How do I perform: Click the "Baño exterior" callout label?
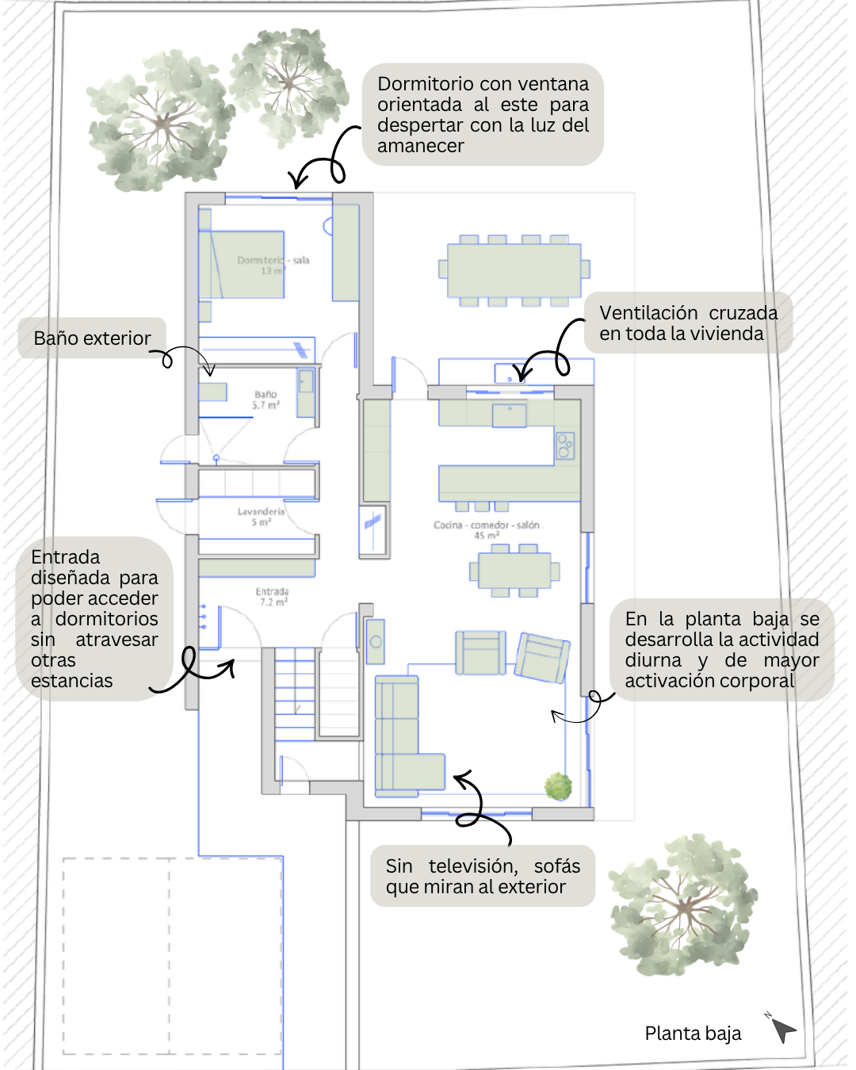(x=92, y=338)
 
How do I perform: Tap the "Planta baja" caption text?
(x=693, y=1034)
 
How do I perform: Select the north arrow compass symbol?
(x=782, y=1029)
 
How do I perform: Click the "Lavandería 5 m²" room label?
(x=261, y=516)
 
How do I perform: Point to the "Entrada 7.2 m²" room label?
(x=272, y=597)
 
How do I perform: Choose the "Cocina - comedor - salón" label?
(x=486, y=529)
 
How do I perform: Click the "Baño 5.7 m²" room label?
(x=266, y=399)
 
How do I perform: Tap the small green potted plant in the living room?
(x=559, y=785)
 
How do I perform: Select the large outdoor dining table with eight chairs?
(x=514, y=269)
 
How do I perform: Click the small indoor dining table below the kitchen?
(x=514, y=571)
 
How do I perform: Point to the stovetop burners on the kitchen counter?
(x=565, y=445)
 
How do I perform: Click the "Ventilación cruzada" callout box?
(x=688, y=323)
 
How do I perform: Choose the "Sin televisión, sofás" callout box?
(x=483, y=876)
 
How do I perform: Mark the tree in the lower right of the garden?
(x=682, y=904)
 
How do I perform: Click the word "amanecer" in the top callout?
(x=421, y=146)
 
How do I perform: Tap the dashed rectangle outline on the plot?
(x=172, y=956)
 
